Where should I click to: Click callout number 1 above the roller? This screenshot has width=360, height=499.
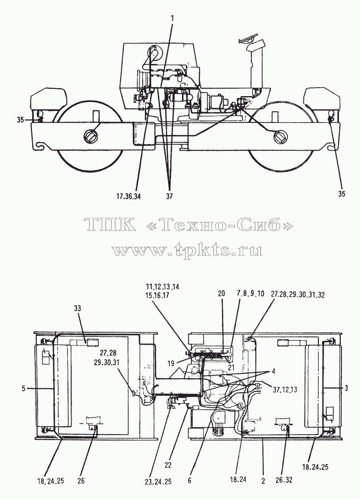[x=173, y=19]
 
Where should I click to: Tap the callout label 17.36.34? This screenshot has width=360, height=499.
[x=129, y=196]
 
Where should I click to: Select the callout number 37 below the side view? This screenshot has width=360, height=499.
[x=169, y=196]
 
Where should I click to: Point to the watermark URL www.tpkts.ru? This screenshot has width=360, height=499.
[x=187, y=250]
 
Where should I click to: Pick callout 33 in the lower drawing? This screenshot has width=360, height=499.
[x=77, y=308]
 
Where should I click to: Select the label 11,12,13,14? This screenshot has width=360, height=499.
[x=163, y=287]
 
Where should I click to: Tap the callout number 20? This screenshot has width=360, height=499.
[x=221, y=293]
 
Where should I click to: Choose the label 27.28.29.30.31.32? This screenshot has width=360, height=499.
[x=298, y=295]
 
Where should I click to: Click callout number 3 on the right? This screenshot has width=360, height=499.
[x=346, y=388]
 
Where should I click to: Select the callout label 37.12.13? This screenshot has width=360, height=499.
[x=285, y=389]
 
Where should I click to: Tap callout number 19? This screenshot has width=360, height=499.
[x=171, y=363]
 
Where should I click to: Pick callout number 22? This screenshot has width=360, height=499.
[x=168, y=465]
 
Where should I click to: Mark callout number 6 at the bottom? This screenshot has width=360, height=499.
[x=189, y=481]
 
